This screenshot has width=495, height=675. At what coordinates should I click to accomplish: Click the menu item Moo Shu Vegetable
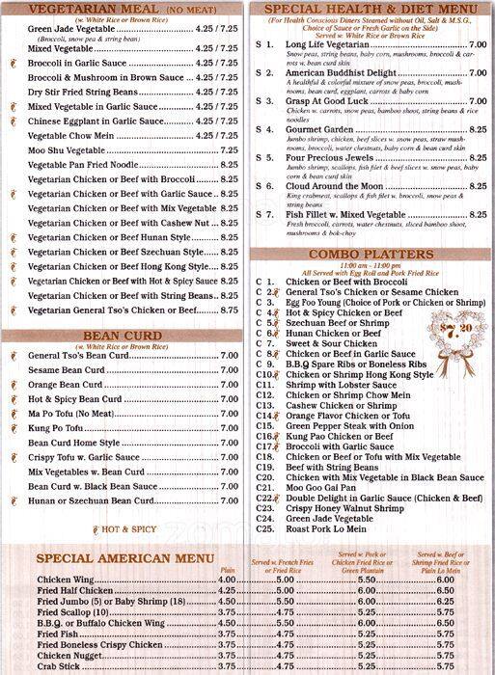[67, 150]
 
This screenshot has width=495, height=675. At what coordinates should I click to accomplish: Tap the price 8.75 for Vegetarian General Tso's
[229, 310]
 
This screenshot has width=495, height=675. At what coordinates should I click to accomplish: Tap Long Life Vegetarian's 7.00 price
[477, 44]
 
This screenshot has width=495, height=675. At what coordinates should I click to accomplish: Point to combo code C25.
[265, 528]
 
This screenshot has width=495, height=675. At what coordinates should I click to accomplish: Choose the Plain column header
[228, 570]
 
